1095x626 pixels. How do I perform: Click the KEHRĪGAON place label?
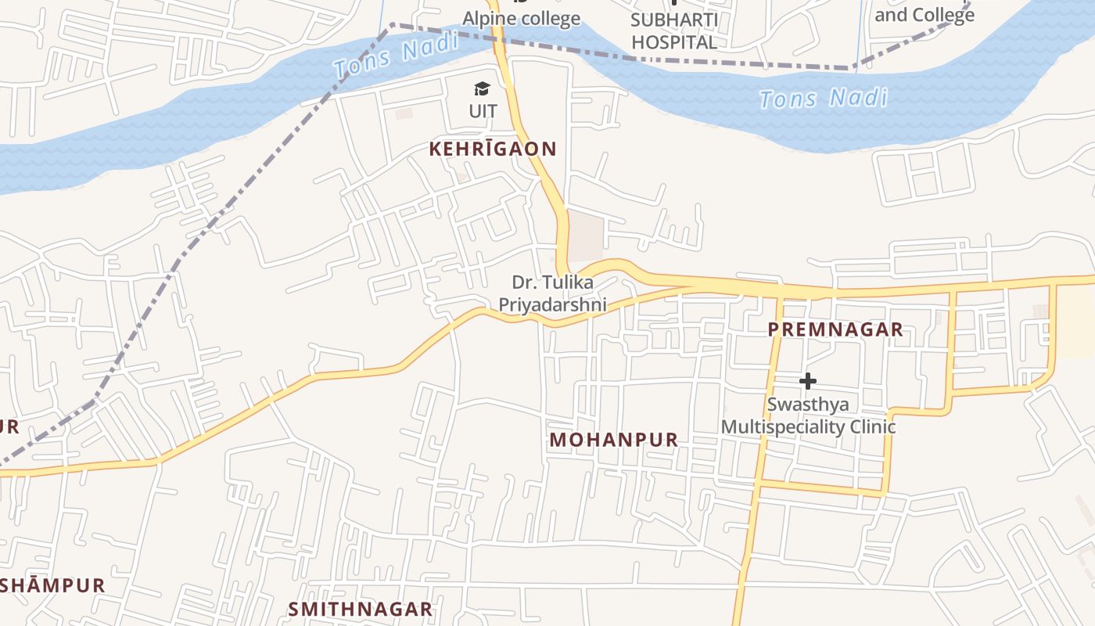coord(493,149)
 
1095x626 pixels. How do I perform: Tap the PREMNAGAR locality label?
coord(835,329)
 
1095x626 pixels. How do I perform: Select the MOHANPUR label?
coord(614,440)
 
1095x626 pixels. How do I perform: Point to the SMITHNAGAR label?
coord(360,609)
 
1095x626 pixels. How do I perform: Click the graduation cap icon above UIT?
coord(483,89)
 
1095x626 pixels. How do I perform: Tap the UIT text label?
coord(483,111)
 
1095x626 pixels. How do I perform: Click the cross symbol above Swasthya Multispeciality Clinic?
coord(808,381)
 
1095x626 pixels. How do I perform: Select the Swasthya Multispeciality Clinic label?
coord(808,416)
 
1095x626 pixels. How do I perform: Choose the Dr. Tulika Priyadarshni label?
coord(552,293)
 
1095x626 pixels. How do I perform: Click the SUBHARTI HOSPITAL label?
coord(674,31)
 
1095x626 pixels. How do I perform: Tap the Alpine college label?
coord(522,18)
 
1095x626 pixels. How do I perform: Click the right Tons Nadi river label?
coord(824,99)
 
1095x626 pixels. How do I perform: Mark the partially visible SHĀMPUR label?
coord(52,585)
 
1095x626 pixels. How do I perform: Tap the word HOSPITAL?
coord(674,42)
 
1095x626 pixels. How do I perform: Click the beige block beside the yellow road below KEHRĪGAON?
coord(586,236)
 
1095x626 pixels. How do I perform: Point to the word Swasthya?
coord(808,405)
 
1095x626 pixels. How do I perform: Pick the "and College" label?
coord(924,15)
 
